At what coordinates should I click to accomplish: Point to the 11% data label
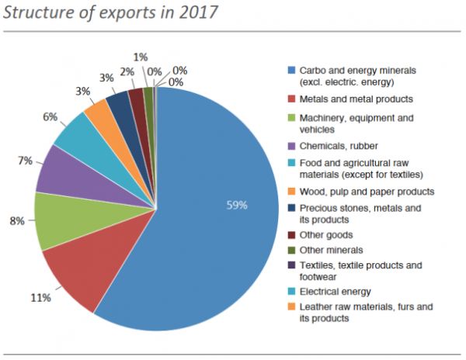point(41,297)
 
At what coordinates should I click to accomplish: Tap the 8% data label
point(16,220)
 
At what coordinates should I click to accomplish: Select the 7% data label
point(25,161)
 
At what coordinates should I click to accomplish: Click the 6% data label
point(50,117)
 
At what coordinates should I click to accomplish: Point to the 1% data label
point(141,57)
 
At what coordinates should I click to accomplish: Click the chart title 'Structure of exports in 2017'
point(109,12)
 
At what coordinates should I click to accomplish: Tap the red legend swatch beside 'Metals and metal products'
point(292,99)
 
